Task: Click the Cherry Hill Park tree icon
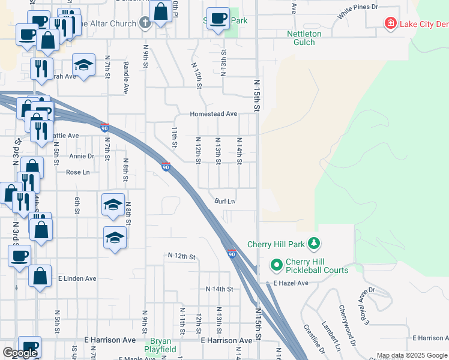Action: click(313, 244)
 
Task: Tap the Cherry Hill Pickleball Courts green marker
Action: click(277, 264)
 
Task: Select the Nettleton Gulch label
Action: click(304, 38)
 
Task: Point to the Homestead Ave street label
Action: click(214, 114)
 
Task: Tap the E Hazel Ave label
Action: click(291, 283)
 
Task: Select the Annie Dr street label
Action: click(82, 156)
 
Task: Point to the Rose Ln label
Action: click(77, 172)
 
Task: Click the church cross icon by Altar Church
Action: click(145, 23)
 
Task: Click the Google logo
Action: click(20, 353)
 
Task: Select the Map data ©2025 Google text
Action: click(412, 355)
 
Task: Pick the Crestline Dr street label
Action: click(314, 340)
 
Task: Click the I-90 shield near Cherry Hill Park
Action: click(232, 254)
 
